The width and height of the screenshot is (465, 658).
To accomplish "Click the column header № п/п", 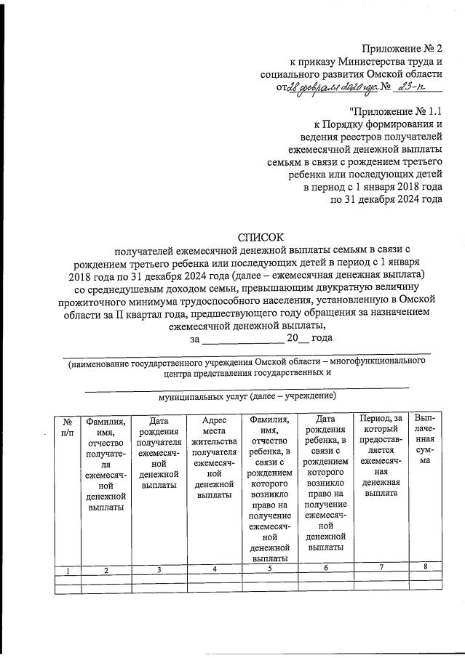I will [x=68, y=426].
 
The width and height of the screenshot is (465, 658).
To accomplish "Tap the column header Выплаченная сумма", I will [x=426, y=439].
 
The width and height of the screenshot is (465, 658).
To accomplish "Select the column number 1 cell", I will [x=68, y=571].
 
